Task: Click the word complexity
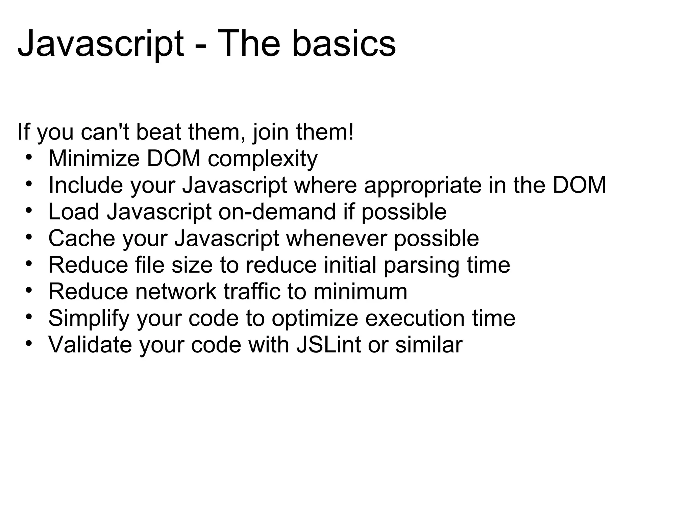[263, 159]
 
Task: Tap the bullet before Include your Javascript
[29, 184]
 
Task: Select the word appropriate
[422, 186]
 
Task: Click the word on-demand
[277, 212]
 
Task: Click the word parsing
[421, 266]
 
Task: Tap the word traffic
[252, 291]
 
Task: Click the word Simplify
[89, 318]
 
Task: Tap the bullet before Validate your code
[29, 344]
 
